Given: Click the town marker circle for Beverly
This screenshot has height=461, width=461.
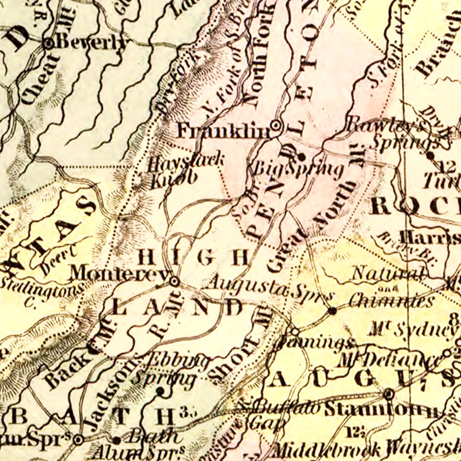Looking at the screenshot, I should (49, 44).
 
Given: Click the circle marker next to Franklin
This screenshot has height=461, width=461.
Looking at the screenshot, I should (276, 125).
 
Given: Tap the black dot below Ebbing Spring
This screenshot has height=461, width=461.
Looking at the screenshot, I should (160, 391).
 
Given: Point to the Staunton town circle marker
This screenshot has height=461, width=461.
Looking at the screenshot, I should (389, 393).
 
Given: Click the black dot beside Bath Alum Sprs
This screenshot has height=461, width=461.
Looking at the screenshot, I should (116, 440).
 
